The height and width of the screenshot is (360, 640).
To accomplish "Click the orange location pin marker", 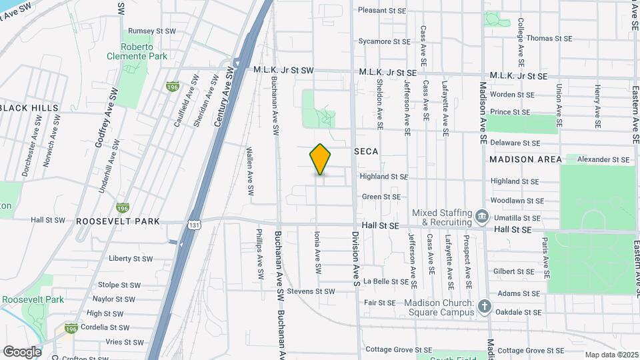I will [320, 159].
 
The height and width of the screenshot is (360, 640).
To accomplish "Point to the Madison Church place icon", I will [484, 307].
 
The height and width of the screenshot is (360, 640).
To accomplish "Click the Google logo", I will [22, 351].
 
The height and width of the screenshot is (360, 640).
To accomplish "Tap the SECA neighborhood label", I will [366, 151].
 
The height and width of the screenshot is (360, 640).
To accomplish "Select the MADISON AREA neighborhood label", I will [521, 159].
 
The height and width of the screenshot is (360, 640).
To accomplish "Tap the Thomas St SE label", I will [549, 38].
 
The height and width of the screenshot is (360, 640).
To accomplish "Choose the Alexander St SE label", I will [603, 159].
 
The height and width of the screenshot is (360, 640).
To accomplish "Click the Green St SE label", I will [381, 197].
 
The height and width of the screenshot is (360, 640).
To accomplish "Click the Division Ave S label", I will [357, 253].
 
